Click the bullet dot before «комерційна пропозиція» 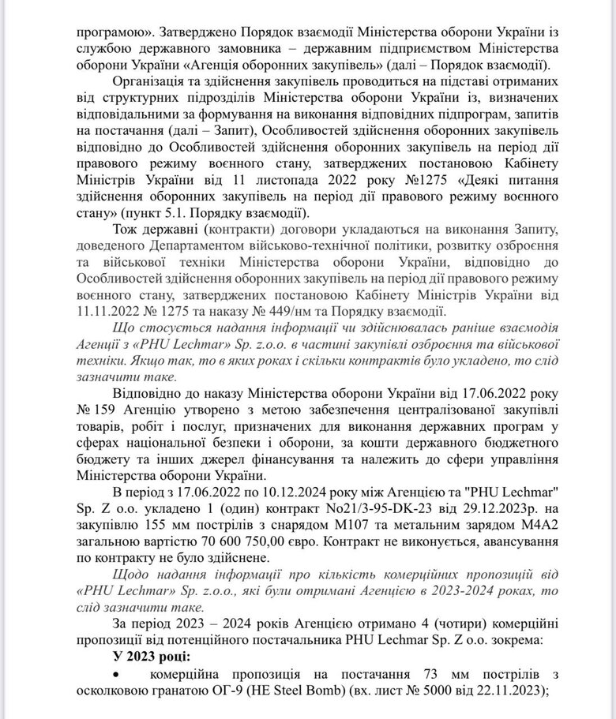pyautogui.click(x=118, y=672)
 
